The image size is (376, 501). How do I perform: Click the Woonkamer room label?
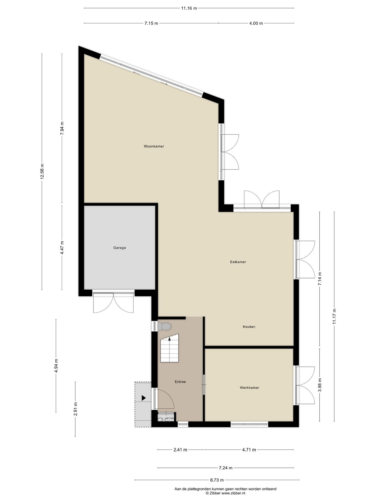click(x=154, y=146)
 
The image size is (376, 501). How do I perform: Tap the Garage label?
click(x=120, y=248)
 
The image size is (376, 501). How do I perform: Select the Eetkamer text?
click(x=238, y=262)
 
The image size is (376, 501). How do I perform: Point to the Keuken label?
click(x=249, y=327)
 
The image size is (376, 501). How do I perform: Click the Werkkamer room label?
click(x=249, y=388)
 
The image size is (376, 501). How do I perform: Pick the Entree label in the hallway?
click(x=180, y=382)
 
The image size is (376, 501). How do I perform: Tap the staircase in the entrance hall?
click(x=169, y=350)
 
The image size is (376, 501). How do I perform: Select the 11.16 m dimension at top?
click(x=189, y=8)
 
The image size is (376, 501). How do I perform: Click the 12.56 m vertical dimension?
click(x=42, y=171)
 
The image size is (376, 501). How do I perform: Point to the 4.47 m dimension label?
click(x=62, y=248)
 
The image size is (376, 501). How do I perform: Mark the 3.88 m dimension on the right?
click(x=320, y=385)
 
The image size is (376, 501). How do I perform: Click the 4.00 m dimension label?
click(x=256, y=23)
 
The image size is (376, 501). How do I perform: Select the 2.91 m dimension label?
click(x=75, y=409)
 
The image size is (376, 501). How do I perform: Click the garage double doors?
click(x=114, y=303)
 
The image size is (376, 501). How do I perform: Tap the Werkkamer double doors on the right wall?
click(x=305, y=385)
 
